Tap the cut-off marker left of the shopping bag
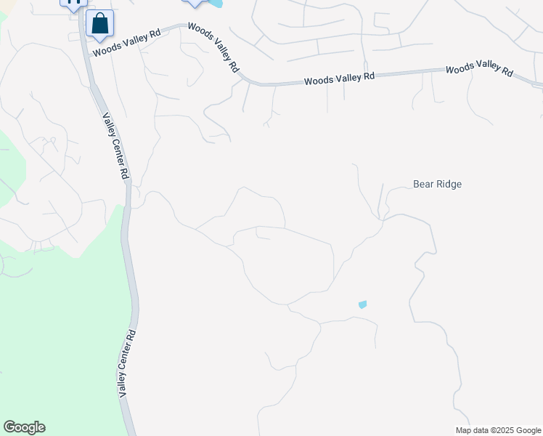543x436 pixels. [x=73, y=4]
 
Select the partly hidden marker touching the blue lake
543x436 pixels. [x=194, y=3]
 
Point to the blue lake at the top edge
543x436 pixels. [x=215, y=4]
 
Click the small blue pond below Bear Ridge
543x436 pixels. [x=363, y=304]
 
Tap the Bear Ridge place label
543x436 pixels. [x=437, y=184]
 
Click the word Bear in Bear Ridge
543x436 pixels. [x=423, y=184]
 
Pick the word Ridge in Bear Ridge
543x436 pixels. [x=448, y=184]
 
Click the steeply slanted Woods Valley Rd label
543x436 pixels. [x=213, y=47]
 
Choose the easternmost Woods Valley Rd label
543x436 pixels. [x=479, y=68]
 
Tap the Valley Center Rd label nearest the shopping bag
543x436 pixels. [x=115, y=146]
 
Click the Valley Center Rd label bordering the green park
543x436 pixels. [x=127, y=363]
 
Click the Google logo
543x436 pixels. [x=24, y=427]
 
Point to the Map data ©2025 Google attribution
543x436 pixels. [x=497, y=430]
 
